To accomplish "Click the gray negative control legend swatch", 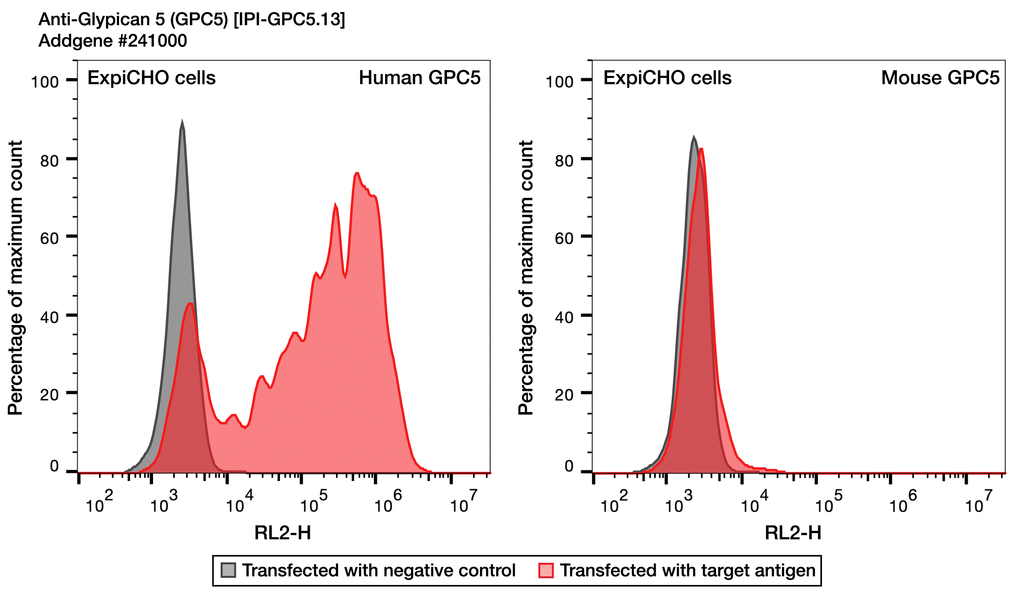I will pyautogui.click(x=229, y=570).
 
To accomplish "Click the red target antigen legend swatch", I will pyautogui.click(x=546, y=570).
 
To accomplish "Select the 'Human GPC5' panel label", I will pyautogui.click(x=419, y=78).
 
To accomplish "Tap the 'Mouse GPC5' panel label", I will pyautogui.click(x=940, y=78).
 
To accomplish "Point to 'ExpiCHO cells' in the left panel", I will pyautogui.click(x=151, y=78).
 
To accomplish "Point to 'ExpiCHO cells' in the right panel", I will pyautogui.click(x=667, y=78).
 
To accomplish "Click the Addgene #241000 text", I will pyautogui.click(x=113, y=41).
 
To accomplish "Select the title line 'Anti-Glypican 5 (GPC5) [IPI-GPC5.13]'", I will pyautogui.click(x=192, y=19).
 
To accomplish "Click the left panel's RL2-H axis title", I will pyautogui.click(x=283, y=533).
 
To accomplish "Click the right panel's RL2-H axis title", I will pyautogui.click(x=793, y=533).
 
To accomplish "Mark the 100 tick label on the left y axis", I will pyautogui.click(x=45, y=82).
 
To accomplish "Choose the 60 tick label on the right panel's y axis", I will pyautogui.click(x=564, y=239).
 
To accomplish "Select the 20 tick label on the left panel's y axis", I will pyautogui.click(x=49, y=395).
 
